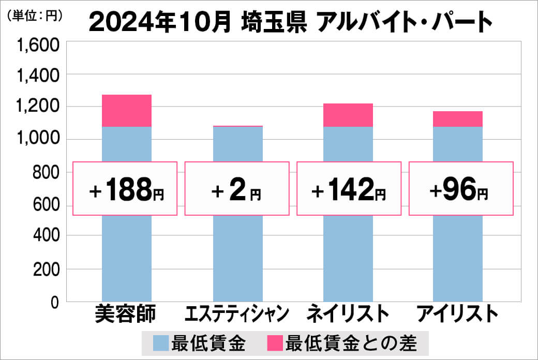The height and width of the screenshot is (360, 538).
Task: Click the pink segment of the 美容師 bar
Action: pos(127,111)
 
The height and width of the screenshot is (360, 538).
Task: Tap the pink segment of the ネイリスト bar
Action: pos(348,115)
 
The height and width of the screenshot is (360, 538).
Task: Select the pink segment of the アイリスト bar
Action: pos(458,119)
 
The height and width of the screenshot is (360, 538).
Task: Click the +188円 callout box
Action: pos(125,188)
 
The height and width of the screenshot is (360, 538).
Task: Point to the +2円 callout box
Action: pos(237,188)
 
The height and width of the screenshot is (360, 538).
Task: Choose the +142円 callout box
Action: pos(349,188)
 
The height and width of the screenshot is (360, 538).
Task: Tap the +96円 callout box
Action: pos(461,188)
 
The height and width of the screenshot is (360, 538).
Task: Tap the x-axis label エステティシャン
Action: pos(237,314)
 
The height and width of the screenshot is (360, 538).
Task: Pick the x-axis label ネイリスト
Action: pos(348,314)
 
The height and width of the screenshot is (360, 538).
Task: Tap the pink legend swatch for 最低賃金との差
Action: pos(275,343)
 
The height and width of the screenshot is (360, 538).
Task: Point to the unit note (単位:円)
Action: pos(35,16)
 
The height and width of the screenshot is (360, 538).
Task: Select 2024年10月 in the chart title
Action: pos(160,22)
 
